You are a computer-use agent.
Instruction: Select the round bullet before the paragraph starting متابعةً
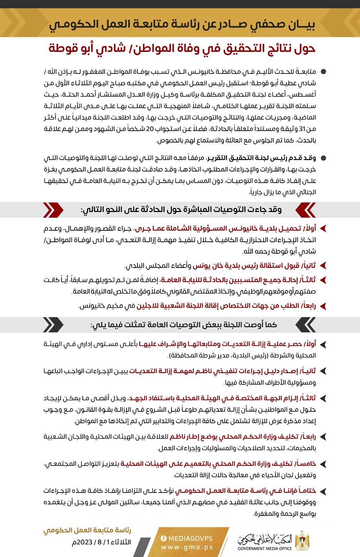(323, 72)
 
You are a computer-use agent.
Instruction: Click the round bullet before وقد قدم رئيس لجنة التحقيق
(323, 158)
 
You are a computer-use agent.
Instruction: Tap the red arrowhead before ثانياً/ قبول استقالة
(323, 266)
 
